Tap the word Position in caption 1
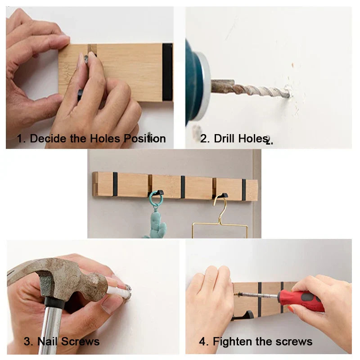tap(144, 139)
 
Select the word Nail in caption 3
tap(48, 342)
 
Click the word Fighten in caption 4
tap(234, 342)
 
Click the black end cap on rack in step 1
tap(167, 72)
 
